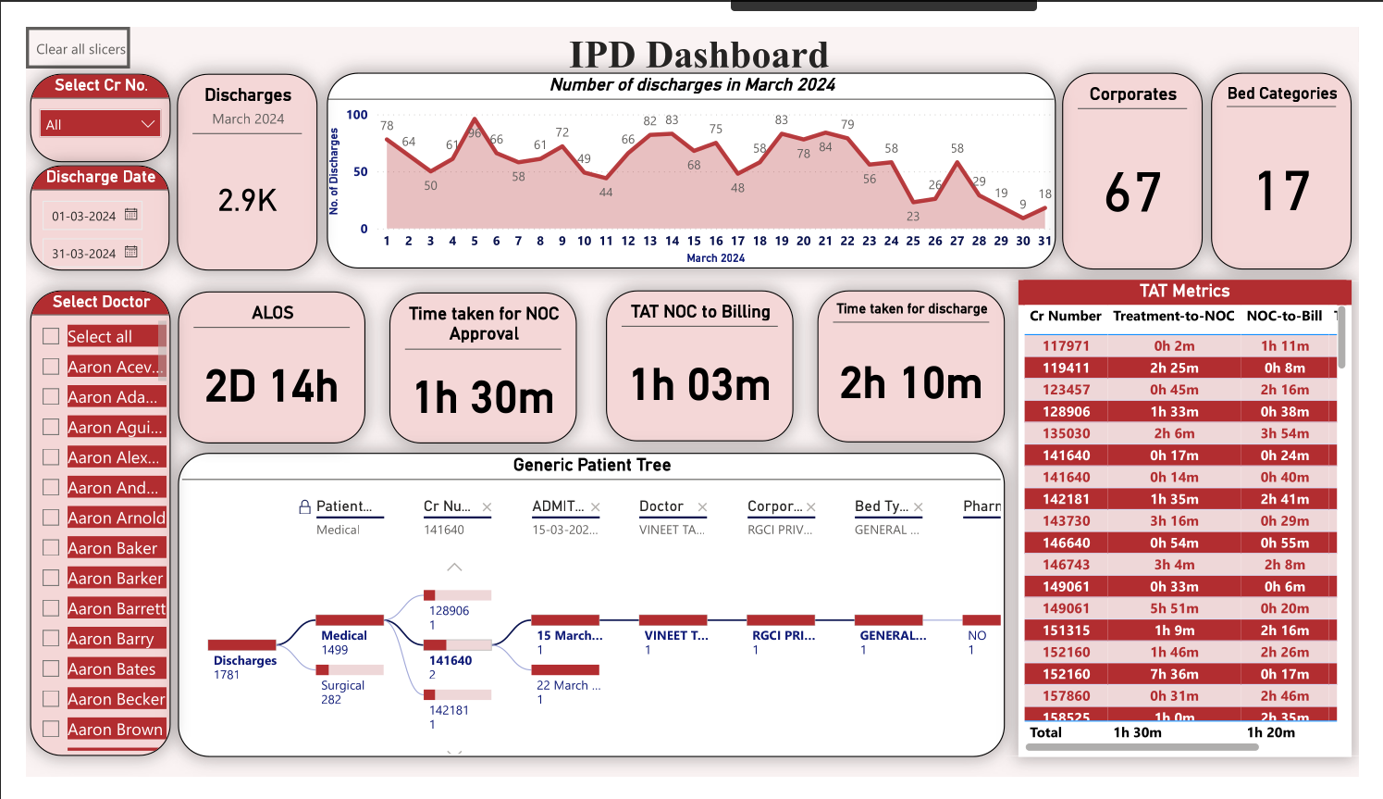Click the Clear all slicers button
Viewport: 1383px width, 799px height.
tap(79, 49)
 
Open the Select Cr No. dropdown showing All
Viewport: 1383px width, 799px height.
tap(101, 124)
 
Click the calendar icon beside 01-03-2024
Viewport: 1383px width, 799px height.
tap(131, 215)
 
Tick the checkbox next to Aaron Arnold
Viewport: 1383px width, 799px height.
tap(51, 518)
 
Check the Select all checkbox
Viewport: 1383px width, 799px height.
tap(51, 336)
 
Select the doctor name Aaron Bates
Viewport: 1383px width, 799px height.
tap(112, 668)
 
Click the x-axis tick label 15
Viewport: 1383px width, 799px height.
tap(694, 241)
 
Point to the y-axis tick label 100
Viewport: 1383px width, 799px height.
tap(357, 115)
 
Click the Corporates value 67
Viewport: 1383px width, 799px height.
tap(1132, 193)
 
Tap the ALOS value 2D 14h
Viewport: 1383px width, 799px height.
tap(272, 386)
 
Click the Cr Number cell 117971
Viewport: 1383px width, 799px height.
tap(1066, 346)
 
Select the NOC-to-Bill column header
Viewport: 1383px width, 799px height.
tap(1284, 316)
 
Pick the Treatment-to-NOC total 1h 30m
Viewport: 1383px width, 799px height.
tap(1137, 732)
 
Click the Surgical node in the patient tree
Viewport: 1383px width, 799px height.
tap(343, 685)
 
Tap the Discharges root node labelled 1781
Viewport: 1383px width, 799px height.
tap(244, 660)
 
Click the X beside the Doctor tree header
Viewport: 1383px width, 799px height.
tap(703, 506)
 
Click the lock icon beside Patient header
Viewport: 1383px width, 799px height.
tap(304, 506)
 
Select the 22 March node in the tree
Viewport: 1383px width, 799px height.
tap(568, 685)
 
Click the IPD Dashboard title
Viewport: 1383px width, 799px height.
tap(698, 55)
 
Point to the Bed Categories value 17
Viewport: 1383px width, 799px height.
tap(1282, 192)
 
